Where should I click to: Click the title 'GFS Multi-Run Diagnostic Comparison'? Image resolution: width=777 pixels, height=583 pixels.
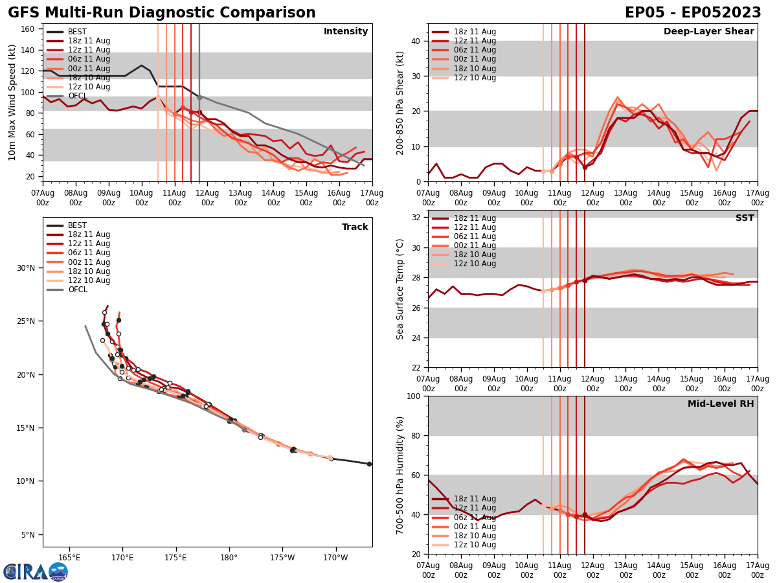point(162,13)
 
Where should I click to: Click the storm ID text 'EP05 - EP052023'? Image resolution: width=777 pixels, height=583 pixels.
point(693,13)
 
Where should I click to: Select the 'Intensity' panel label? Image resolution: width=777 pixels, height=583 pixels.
point(346,32)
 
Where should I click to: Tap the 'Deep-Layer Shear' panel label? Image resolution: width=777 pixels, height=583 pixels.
point(708,32)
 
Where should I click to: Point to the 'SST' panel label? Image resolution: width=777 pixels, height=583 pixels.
point(745,218)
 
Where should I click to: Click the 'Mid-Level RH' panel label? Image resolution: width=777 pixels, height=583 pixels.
point(721,404)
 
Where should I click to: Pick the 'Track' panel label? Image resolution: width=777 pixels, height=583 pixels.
point(355,227)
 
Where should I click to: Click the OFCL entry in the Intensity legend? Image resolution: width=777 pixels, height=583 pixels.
point(77,96)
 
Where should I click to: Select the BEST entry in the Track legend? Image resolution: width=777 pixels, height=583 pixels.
point(77,225)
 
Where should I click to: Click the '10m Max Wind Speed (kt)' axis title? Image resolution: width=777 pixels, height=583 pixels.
point(12,102)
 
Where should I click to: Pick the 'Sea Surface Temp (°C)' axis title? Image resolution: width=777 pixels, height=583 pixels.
point(400,289)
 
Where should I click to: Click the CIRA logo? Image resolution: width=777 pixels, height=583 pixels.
point(36,572)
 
